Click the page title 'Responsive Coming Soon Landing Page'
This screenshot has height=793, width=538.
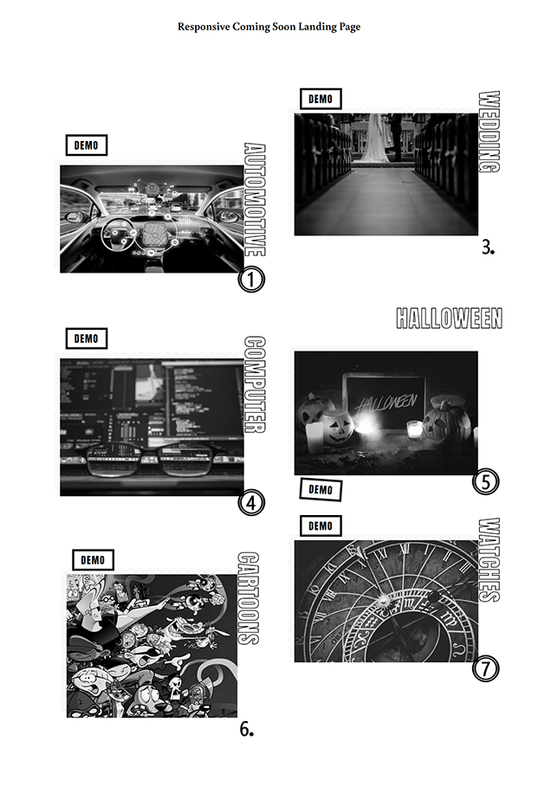point(269,27)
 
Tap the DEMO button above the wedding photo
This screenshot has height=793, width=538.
point(321,99)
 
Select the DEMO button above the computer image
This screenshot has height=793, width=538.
point(86,338)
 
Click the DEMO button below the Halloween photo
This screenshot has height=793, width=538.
point(321,489)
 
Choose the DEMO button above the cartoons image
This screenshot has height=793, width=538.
point(93,560)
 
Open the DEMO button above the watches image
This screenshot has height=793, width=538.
point(321,526)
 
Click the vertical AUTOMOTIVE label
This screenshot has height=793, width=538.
point(255,200)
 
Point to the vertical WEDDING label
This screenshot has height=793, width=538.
point(489,132)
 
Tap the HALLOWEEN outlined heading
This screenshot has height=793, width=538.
point(449,318)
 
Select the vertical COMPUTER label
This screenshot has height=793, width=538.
point(255,385)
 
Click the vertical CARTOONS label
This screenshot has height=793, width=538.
point(249,598)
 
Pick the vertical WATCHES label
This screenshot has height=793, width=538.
point(489,560)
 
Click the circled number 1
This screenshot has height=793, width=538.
point(251,279)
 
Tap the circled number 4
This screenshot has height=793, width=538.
point(251,503)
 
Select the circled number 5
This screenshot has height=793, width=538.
point(486,481)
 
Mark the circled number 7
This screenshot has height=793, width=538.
point(486,668)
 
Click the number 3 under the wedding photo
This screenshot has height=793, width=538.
point(488,248)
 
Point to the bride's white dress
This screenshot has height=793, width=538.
point(374,137)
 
